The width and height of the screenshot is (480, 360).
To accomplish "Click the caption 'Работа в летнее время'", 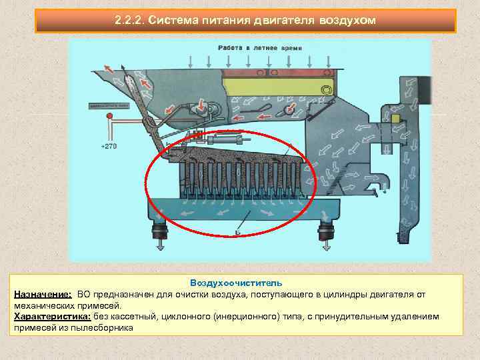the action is pyautogui.click(x=250, y=49).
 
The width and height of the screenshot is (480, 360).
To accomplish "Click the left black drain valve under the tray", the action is pyautogui.click(x=160, y=233).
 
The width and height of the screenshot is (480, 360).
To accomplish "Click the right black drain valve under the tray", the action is pyautogui.click(x=326, y=233).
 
